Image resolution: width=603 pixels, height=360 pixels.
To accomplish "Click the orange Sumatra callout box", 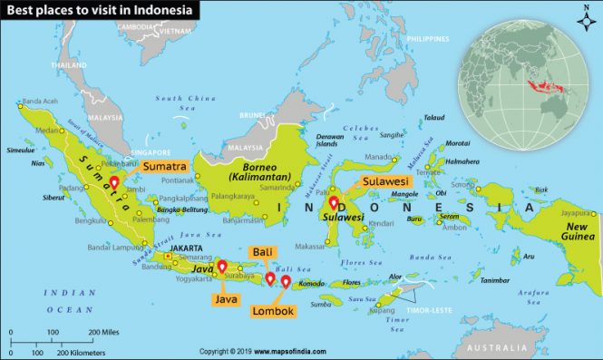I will click(163, 167).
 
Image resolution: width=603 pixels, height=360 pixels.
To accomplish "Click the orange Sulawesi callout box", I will click(385, 181).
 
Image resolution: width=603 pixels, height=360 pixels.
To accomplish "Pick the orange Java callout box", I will click(227, 297).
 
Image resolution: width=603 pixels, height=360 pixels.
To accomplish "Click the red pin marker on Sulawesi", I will click(334, 203).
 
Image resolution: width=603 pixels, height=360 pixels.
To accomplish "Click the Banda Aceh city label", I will click(39, 101).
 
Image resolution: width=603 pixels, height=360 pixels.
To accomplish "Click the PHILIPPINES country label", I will click(428, 39).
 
